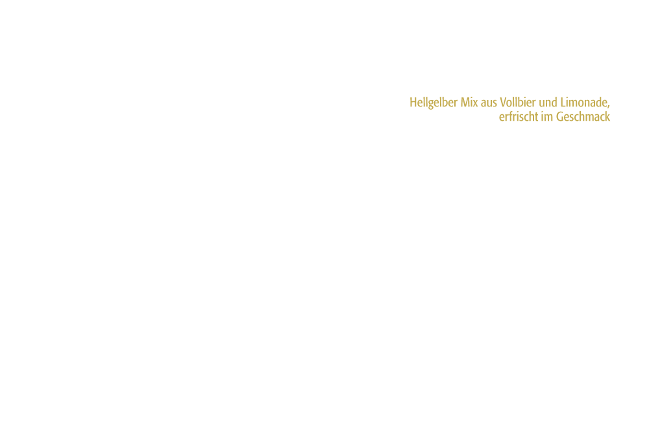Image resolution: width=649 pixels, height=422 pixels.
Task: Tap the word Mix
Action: tap(469, 103)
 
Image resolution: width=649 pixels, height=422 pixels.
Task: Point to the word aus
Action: tap(489, 104)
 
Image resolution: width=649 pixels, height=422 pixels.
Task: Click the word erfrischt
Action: tap(518, 118)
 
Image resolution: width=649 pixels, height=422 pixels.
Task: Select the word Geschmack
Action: tap(583, 118)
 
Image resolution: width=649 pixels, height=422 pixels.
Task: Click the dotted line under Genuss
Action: tap(467, 92)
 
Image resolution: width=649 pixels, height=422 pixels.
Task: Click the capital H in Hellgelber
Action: tap(413, 103)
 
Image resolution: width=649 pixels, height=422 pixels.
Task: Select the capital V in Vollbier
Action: tap(504, 103)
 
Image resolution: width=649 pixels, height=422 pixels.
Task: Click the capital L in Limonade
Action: tap(563, 103)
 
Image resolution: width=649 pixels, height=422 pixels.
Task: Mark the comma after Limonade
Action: tap(609, 106)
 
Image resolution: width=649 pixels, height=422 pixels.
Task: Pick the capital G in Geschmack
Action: tap(559, 118)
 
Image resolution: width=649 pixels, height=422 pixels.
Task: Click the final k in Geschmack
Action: tap(607, 118)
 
